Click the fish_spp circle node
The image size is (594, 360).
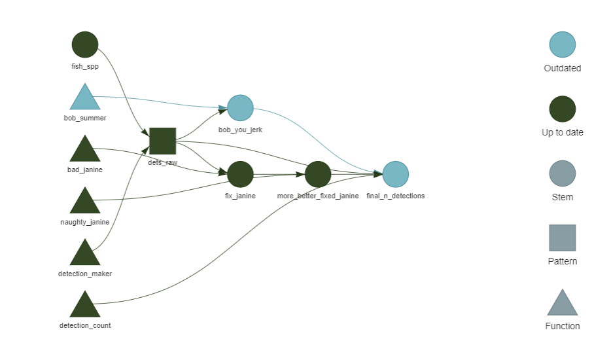click(85, 45)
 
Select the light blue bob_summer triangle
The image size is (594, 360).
click(85, 98)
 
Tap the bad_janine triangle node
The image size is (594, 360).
click(85, 150)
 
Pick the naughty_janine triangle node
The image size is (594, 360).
click(85, 202)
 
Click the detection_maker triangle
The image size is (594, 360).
click(85, 254)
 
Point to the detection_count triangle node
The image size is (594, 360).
click(85, 306)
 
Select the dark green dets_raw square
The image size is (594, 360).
click(163, 141)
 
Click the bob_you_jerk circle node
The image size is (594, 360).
click(240, 108)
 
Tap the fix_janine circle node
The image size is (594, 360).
click(240, 174)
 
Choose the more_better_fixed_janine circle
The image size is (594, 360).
click(318, 174)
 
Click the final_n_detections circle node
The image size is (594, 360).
click(396, 174)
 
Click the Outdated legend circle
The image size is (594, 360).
click(563, 45)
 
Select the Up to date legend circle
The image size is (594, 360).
click(563, 109)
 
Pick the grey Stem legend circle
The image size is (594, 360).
click(563, 174)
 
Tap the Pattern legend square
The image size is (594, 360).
click(563, 238)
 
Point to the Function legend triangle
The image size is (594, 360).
click(563, 304)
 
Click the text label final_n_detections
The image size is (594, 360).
click(396, 196)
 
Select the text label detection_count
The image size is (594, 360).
click(85, 325)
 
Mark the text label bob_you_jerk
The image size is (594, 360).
click(240, 130)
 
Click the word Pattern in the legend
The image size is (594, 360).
click(563, 261)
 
